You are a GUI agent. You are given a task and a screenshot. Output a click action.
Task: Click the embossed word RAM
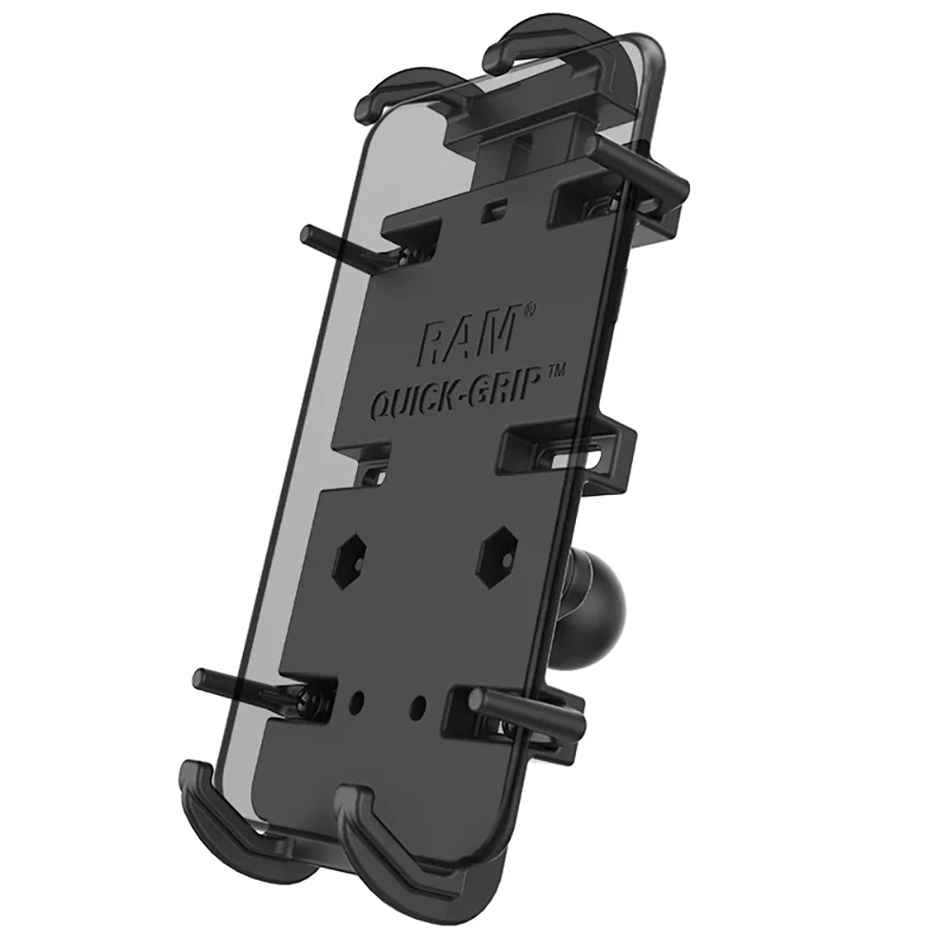tap(467, 336)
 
